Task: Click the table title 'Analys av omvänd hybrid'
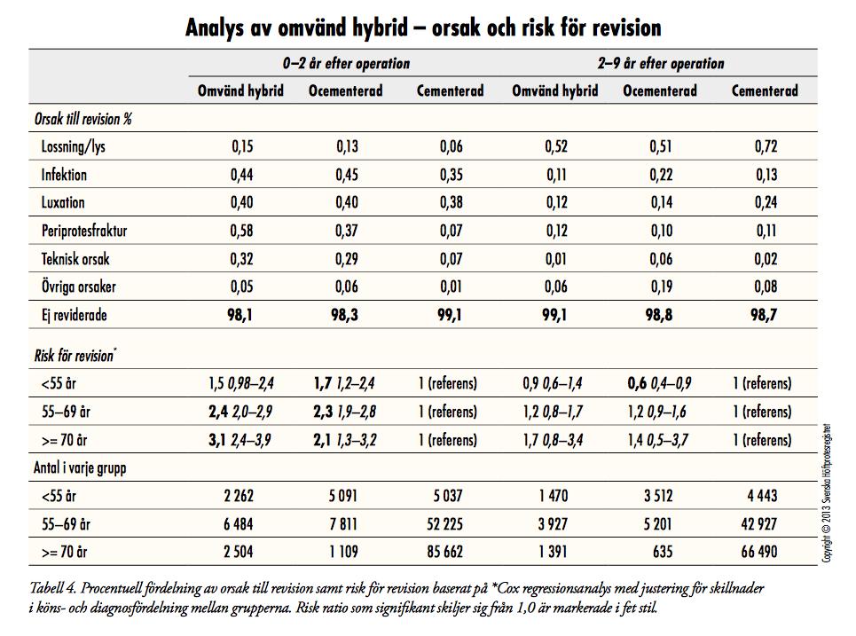click(x=296, y=27)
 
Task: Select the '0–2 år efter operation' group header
click(x=346, y=63)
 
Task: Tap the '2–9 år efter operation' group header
click(x=661, y=63)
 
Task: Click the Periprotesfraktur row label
click(x=84, y=231)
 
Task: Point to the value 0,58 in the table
click(x=241, y=231)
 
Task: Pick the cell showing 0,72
click(x=766, y=146)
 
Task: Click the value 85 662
click(x=445, y=552)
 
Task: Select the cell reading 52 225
click(x=445, y=524)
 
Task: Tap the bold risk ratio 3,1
click(x=216, y=439)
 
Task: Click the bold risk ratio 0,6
click(x=637, y=383)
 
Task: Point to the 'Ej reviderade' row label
click(x=74, y=315)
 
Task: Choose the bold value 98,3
click(x=344, y=315)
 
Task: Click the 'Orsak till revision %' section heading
click(x=83, y=119)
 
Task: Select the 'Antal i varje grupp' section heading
click(x=80, y=467)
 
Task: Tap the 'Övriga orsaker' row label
click(x=79, y=286)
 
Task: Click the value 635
click(x=663, y=552)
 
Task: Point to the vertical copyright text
click(x=828, y=493)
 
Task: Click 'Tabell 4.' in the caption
click(x=52, y=588)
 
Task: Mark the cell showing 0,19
click(x=661, y=287)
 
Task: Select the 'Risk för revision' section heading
click(x=75, y=356)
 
